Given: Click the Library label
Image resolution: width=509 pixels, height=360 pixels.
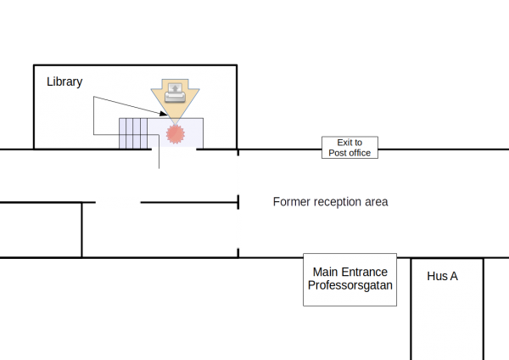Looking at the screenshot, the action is (x=64, y=82).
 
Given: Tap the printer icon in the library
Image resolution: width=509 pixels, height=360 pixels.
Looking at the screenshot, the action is (x=175, y=93).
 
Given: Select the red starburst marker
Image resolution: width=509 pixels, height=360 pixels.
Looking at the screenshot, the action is (x=176, y=134).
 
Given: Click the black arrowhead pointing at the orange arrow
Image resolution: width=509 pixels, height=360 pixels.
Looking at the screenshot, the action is (x=164, y=113).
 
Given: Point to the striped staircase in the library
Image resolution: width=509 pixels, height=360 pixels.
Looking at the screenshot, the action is (x=133, y=133).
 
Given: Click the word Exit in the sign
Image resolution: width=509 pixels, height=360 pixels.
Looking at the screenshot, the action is (x=344, y=143).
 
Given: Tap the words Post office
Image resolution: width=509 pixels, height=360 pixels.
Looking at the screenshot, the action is (x=350, y=153).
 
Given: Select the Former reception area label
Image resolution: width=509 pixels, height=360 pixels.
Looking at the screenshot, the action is (x=331, y=202).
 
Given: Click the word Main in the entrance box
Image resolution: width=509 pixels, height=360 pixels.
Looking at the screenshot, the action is (x=326, y=272).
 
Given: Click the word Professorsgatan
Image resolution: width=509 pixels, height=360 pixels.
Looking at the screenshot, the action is (x=350, y=285).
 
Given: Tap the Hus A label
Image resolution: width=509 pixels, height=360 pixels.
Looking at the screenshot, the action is (x=443, y=276).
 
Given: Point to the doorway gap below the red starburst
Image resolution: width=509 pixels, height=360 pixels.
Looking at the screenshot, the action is (x=174, y=149).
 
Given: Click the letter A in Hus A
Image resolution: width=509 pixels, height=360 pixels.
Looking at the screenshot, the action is (x=454, y=276).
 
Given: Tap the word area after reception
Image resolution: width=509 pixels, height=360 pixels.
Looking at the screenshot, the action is (x=377, y=202).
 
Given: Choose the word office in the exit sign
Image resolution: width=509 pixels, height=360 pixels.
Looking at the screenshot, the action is (x=359, y=153).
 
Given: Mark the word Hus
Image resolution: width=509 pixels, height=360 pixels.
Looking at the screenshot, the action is (x=437, y=276).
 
